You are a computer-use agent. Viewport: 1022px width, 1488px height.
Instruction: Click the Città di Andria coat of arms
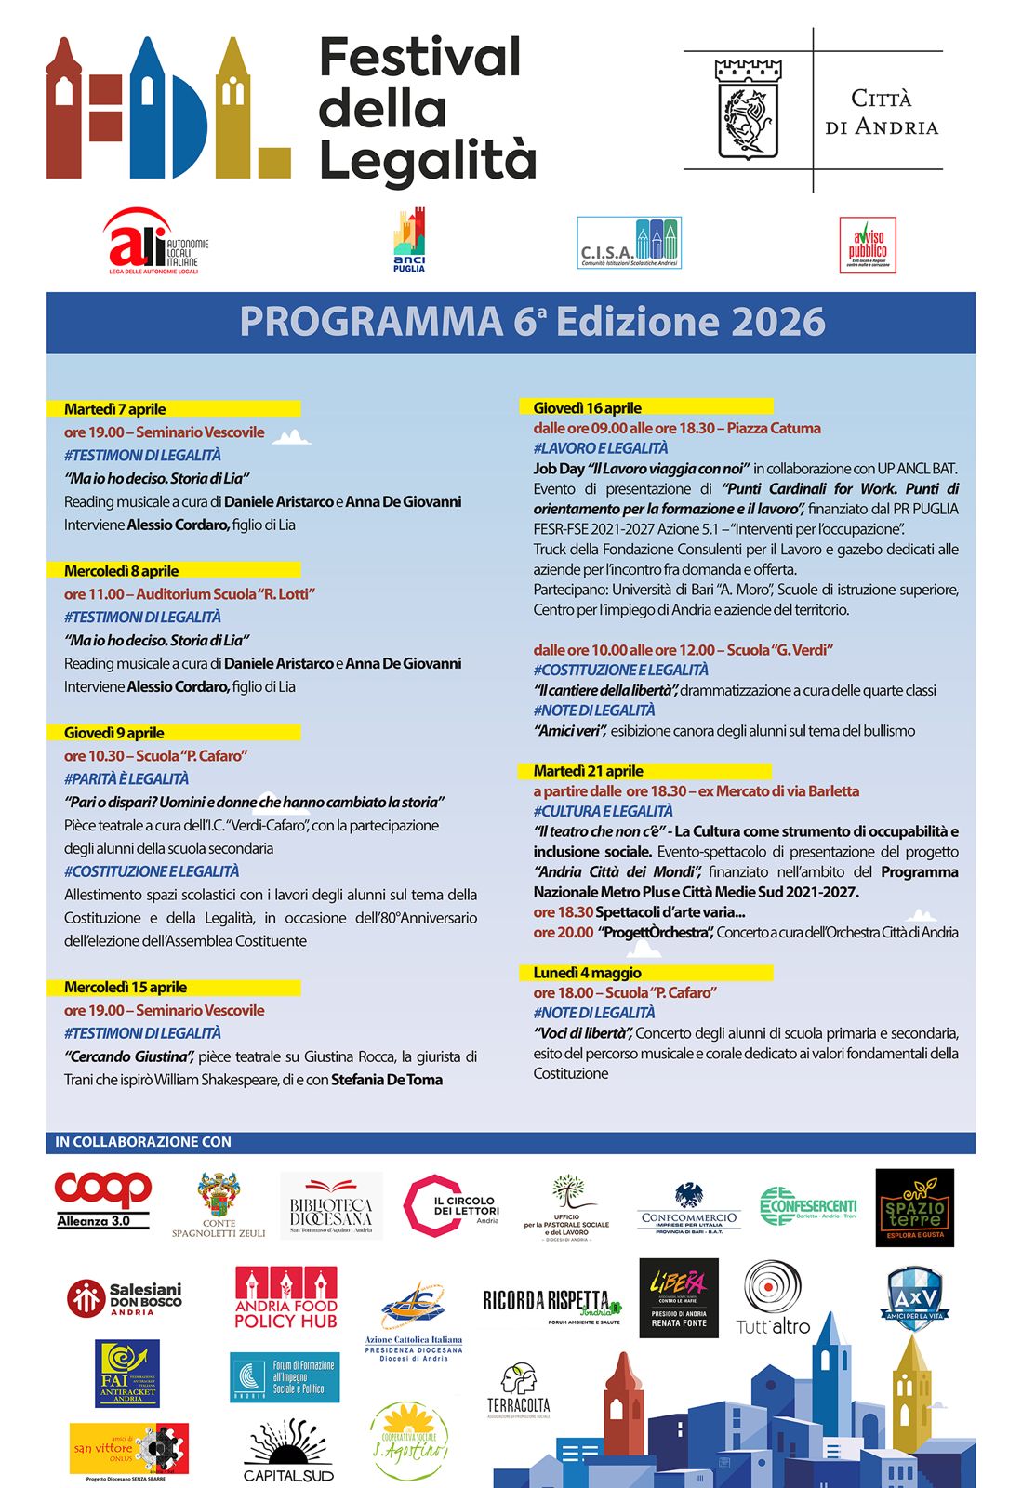pyautogui.click(x=748, y=110)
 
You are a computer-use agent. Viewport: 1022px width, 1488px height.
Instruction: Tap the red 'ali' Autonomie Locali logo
pyautogui.click(x=154, y=242)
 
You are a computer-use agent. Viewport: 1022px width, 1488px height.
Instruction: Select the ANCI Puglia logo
pyautogui.click(x=409, y=241)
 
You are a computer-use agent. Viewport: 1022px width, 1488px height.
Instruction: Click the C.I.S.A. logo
pyautogui.click(x=630, y=244)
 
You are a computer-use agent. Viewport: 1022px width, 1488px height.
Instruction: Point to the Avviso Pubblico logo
pyautogui.click(x=868, y=245)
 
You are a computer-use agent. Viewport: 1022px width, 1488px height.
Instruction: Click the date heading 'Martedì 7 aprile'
pyautogui.click(x=114, y=409)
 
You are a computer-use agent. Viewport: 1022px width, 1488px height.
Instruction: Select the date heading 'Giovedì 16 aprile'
pyautogui.click(x=588, y=407)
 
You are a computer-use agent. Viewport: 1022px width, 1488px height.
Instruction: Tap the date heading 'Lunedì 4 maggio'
pyautogui.click(x=587, y=973)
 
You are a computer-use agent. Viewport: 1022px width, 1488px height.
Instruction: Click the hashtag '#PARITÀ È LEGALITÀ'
pyautogui.click(x=126, y=778)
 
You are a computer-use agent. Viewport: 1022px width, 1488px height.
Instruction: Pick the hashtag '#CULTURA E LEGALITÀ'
pyautogui.click(x=603, y=811)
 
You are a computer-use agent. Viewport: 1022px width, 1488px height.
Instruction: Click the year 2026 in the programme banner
pyautogui.click(x=778, y=322)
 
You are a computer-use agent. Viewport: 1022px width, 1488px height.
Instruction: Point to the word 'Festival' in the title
pyautogui.click(x=419, y=58)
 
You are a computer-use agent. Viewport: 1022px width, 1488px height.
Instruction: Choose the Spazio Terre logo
pyautogui.click(x=915, y=1207)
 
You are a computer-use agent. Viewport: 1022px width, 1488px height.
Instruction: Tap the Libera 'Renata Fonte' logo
pyautogui.click(x=679, y=1298)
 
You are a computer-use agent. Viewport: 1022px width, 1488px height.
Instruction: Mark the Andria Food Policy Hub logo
pyautogui.click(x=285, y=1298)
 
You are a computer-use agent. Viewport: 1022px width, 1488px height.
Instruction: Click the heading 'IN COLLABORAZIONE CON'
pyautogui.click(x=143, y=1142)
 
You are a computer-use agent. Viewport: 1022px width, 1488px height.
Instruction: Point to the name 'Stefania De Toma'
pyautogui.click(x=387, y=1080)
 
